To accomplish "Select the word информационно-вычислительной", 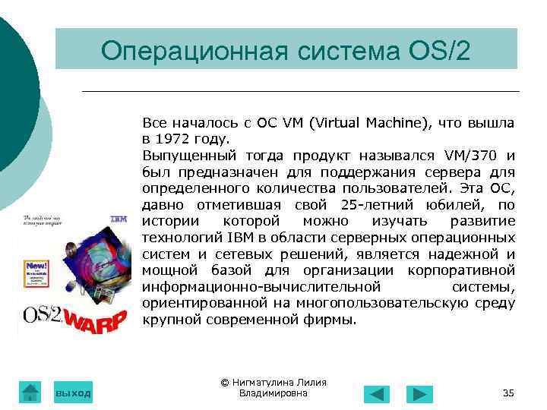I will coord(261,287).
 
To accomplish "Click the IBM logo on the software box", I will coord(118,219).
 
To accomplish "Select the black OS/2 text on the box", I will coord(42,315).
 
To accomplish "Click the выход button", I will coord(73,393).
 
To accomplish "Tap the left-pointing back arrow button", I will coord(376,394).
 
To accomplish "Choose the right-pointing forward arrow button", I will coord(419,394).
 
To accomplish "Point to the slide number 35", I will coord(508,393).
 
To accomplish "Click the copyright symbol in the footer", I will coord(224,383).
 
